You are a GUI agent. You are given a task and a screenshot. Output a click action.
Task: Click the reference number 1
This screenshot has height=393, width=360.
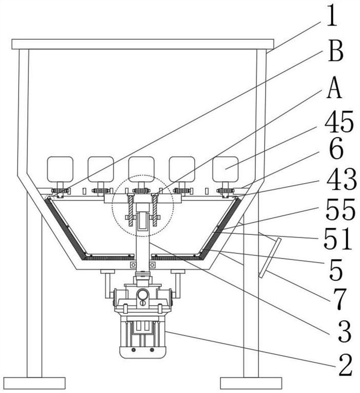332,16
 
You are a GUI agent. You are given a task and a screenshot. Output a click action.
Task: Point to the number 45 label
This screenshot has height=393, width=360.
339,122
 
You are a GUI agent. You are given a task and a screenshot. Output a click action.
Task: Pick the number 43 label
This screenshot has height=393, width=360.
341,180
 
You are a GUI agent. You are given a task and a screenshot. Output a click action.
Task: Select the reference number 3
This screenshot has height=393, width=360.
344,332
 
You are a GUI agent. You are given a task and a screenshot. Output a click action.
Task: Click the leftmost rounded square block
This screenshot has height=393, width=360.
60,169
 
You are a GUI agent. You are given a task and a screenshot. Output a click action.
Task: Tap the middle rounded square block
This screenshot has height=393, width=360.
141,169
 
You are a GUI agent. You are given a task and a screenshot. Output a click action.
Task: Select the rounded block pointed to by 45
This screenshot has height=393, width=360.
225,169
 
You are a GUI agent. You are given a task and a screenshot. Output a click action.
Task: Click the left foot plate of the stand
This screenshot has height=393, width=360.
34,383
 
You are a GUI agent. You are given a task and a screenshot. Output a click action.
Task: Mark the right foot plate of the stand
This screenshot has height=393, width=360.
251,383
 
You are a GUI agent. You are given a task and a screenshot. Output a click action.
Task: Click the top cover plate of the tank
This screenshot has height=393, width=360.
143,44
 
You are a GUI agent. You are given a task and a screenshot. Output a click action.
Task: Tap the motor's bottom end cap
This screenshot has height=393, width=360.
143,352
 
